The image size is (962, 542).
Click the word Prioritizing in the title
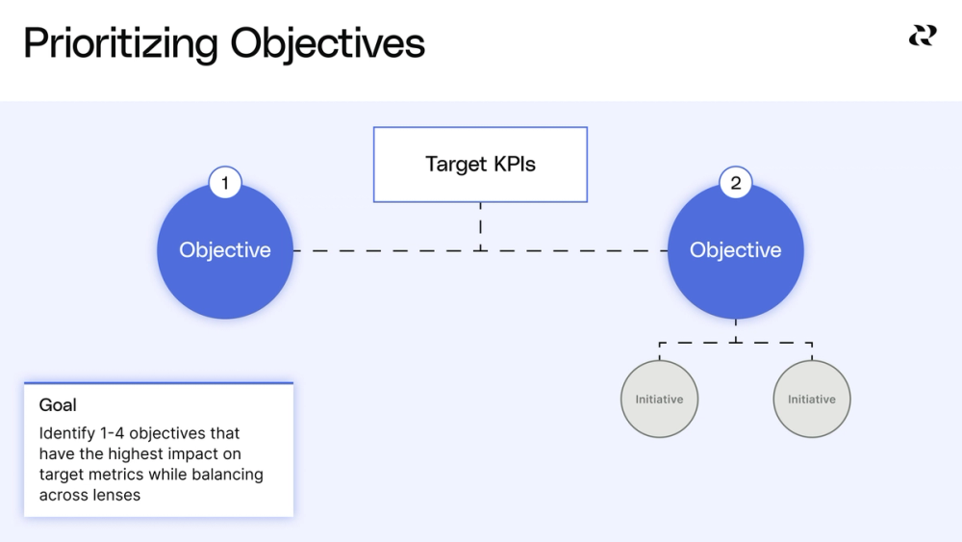[x=120, y=44]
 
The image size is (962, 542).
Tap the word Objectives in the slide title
[x=327, y=44]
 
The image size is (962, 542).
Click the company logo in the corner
[x=922, y=36]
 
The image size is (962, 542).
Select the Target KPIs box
[x=480, y=165]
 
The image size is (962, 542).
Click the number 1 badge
[x=225, y=182]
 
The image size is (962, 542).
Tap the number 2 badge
[x=736, y=182]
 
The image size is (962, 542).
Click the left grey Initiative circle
[x=659, y=399]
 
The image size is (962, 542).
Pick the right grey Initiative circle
[x=812, y=399]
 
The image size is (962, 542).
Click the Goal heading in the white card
[x=58, y=405]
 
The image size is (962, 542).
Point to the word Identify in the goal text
[x=66, y=433]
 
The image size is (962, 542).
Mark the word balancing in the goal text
[x=226, y=475]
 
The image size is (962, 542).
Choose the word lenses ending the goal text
[x=115, y=495]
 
